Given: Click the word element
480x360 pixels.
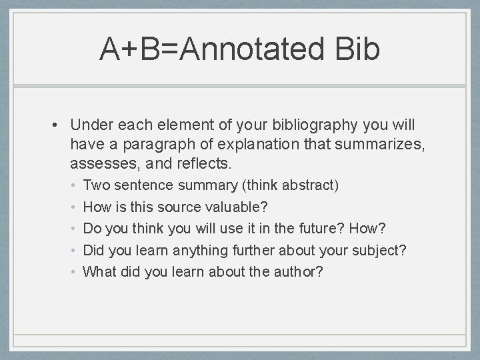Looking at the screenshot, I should [x=175, y=125].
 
